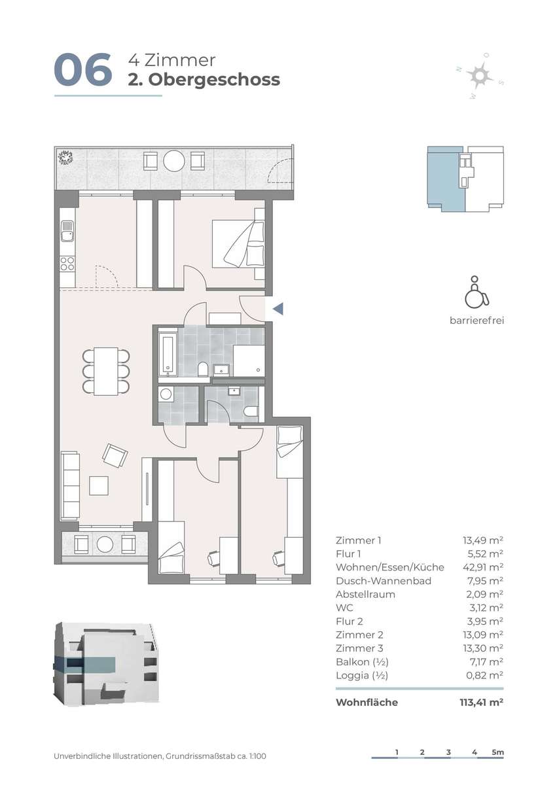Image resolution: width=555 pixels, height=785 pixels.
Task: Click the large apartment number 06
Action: (83, 69)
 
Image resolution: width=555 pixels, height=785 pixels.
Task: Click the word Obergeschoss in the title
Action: (214, 80)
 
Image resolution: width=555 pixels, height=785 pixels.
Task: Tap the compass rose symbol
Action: (480, 75)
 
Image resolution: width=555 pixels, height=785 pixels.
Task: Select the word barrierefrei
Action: (477, 321)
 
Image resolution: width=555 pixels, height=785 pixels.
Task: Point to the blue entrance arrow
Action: (277, 309)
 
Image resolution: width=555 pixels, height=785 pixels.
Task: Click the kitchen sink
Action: (67, 231)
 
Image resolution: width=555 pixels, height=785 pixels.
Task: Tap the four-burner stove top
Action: (67, 264)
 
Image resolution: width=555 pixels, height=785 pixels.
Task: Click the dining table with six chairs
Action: (106, 371)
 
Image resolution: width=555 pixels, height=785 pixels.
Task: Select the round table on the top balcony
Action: (174, 161)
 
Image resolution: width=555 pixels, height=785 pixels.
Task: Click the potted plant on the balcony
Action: (65, 157)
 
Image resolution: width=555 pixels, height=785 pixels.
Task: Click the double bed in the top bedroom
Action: (238, 243)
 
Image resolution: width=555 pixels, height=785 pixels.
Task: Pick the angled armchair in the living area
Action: (115, 455)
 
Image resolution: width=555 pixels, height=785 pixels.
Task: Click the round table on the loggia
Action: (105, 544)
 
